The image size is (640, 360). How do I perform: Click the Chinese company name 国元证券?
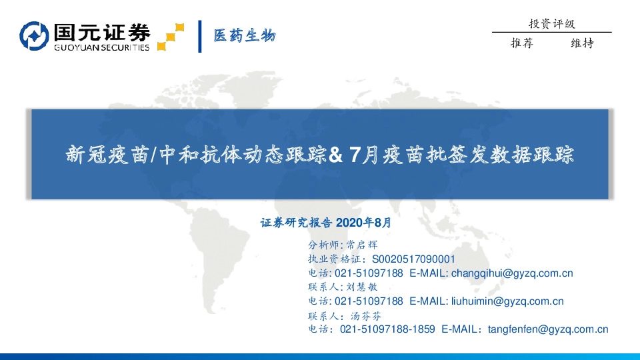pos(101,31)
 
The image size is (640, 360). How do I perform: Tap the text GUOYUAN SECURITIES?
pos(101,47)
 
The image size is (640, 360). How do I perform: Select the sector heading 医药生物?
pos(244,35)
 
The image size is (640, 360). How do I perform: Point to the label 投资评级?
pos(551,24)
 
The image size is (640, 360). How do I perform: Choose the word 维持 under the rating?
pos(582,43)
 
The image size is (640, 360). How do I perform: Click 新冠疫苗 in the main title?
pos(106,155)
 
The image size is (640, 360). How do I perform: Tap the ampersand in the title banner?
pos(336,155)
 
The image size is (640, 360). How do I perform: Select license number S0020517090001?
pos(413,259)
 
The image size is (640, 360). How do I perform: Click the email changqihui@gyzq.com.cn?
pos(512,273)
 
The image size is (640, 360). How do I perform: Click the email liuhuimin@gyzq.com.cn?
pos(507,301)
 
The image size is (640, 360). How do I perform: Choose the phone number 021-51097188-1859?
pos(387,329)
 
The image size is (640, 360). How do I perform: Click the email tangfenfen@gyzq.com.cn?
pos(548,329)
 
